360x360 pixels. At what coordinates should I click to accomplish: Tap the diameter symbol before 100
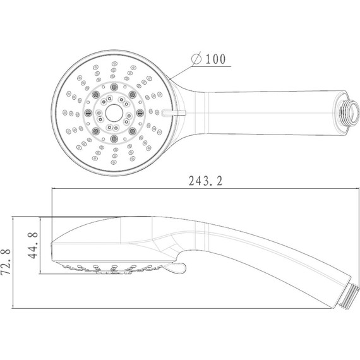[196, 59]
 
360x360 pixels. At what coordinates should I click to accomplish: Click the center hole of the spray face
[114, 112]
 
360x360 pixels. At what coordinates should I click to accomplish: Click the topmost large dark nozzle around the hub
[114, 86]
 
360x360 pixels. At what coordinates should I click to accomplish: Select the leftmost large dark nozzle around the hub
[88, 112]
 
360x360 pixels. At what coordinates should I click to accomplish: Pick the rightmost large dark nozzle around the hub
[140, 112]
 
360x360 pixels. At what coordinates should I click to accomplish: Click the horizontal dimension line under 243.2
[202, 189]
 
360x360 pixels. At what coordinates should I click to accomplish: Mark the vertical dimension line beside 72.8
[15, 261]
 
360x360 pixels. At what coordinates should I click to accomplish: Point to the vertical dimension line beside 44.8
[41, 246]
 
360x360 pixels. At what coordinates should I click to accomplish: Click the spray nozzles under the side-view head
[107, 268]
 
